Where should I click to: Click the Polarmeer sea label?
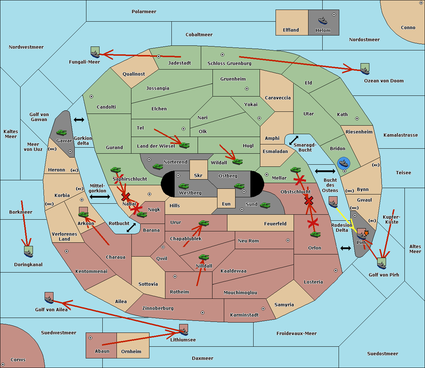point(144,12)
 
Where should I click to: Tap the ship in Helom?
point(322,20)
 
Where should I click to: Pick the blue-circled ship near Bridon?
point(344,164)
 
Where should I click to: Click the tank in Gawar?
point(61,133)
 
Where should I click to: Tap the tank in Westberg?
point(183,186)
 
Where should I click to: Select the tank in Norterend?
point(158,166)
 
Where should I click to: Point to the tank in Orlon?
point(315,235)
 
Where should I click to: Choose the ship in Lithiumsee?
point(183,330)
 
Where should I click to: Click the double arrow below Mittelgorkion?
point(100,197)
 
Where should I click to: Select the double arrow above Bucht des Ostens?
point(325,171)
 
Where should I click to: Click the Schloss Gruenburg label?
point(229,64)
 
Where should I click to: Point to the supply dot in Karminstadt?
point(263,309)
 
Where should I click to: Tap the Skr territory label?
point(198,175)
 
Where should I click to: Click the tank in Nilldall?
point(204,257)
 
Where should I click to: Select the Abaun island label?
point(102,351)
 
